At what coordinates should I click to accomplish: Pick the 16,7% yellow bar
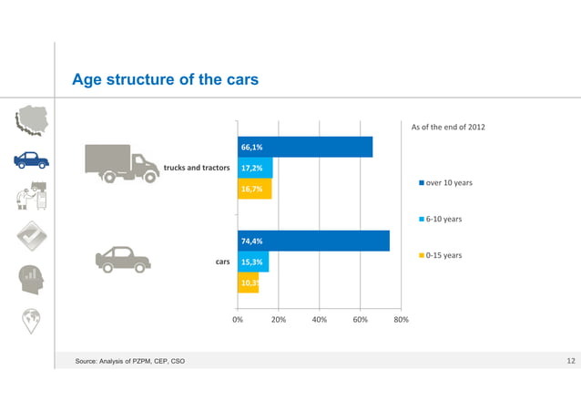pyautogui.click(x=254, y=190)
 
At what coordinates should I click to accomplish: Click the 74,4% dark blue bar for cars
pyautogui.click(x=313, y=241)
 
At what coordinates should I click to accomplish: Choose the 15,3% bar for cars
pyautogui.click(x=252, y=262)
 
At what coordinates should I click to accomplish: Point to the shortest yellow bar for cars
pyautogui.click(x=248, y=283)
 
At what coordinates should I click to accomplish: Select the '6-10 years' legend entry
pyautogui.click(x=443, y=220)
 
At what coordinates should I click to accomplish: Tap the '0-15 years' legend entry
pyautogui.click(x=443, y=255)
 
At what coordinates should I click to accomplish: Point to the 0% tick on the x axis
pyautogui.click(x=237, y=320)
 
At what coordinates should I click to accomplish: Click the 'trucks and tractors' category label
pyautogui.click(x=196, y=169)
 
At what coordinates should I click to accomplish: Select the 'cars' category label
pyautogui.click(x=221, y=262)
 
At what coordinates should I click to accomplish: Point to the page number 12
pyautogui.click(x=571, y=364)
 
